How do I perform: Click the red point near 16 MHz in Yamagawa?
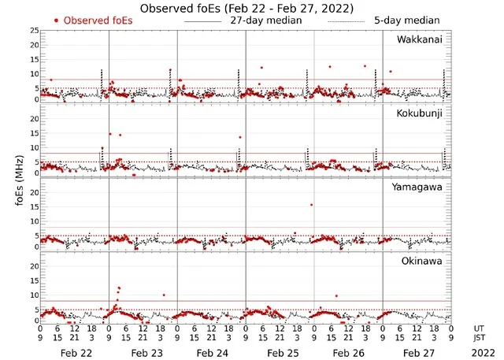(x=312, y=205)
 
